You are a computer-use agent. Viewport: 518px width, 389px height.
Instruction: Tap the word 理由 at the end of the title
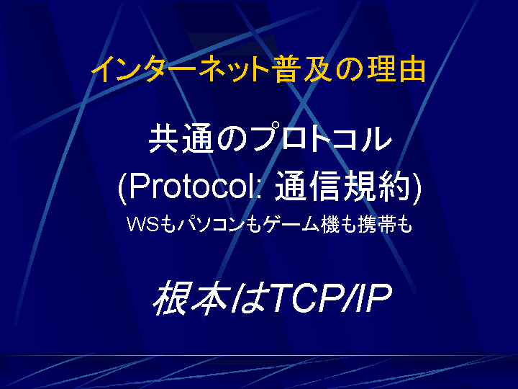(396, 69)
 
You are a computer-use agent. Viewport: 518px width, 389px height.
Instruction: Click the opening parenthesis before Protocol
(122, 188)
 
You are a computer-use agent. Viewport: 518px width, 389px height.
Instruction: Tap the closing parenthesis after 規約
(417, 188)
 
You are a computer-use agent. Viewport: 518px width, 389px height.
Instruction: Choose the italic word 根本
(191, 297)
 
